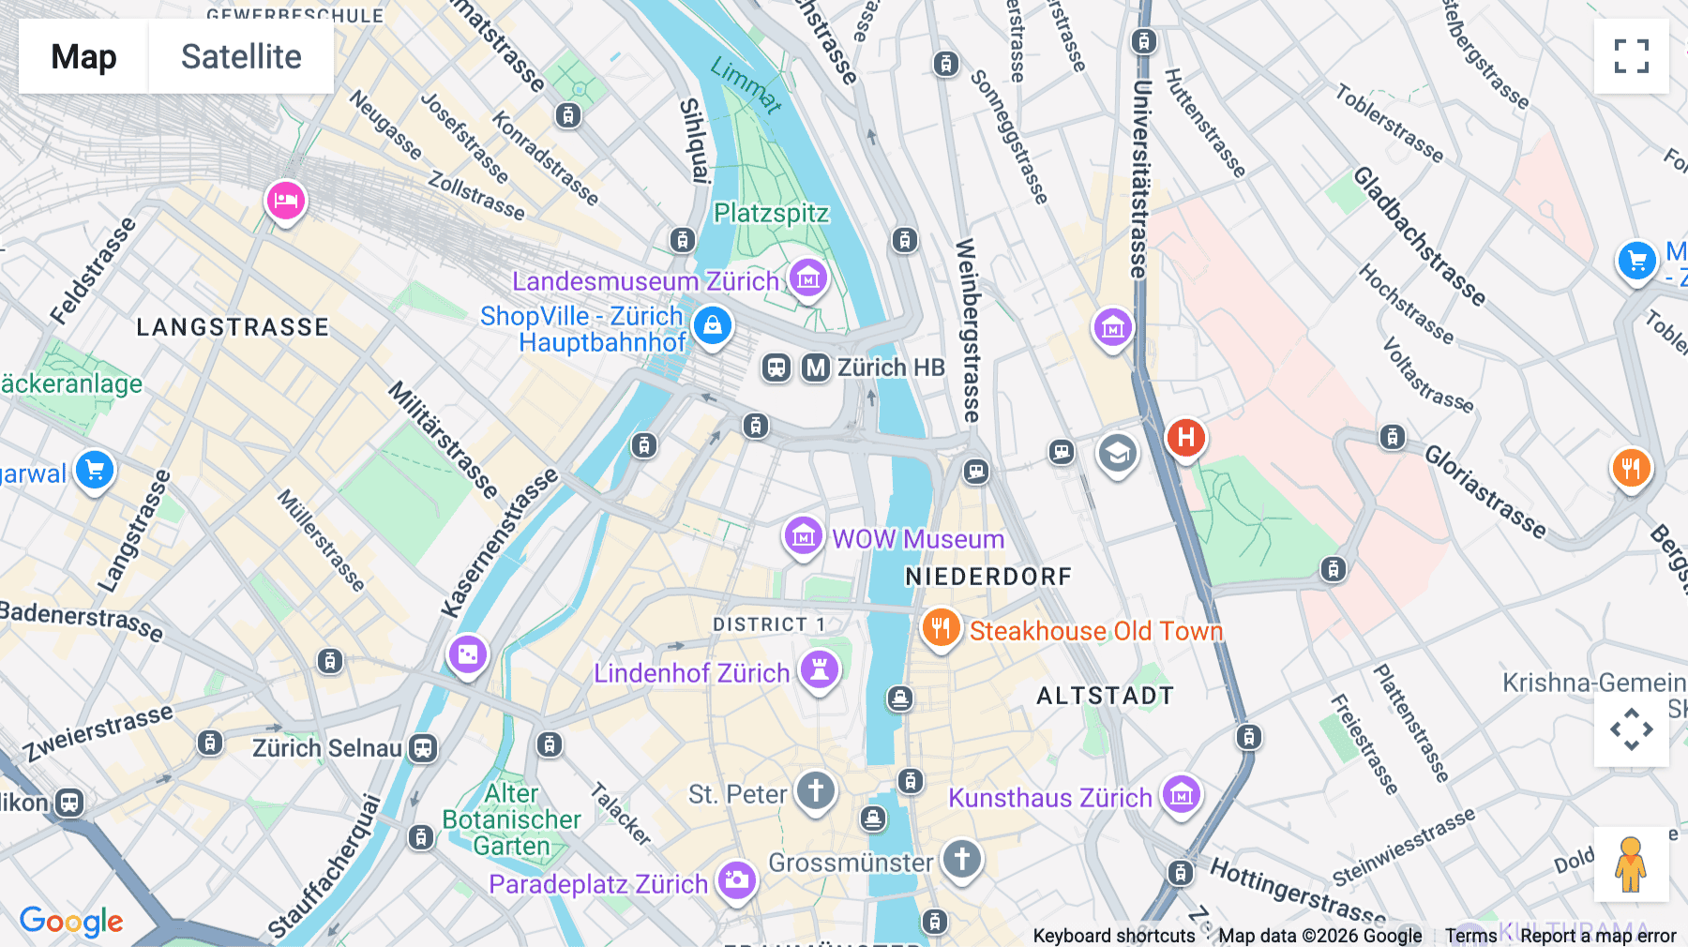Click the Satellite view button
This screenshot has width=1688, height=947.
click(x=241, y=56)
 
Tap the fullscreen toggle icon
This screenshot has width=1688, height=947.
click(x=1631, y=56)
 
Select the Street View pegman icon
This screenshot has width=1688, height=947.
click(x=1631, y=864)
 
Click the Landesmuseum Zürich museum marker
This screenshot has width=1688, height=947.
click(x=807, y=278)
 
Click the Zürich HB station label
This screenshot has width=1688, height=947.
click(x=890, y=368)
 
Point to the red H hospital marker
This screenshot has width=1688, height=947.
click(x=1185, y=438)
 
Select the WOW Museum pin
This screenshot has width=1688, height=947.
click(x=804, y=536)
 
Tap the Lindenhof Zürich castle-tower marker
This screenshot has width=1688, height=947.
click(x=820, y=670)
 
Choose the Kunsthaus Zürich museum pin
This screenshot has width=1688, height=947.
click(x=1182, y=796)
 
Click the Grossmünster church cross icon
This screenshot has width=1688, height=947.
click(x=962, y=859)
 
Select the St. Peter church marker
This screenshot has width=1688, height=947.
click(x=816, y=791)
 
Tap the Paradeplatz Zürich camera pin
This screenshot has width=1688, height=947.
click(x=737, y=880)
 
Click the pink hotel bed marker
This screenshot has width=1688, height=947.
click(x=285, y=201)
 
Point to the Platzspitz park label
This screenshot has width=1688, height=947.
click(x=771, y=214)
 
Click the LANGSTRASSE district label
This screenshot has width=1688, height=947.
click(x=233, y=327)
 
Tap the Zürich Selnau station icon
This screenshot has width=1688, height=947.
click(x=423, y=748)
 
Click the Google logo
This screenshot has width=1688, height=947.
click(x=71, y=921)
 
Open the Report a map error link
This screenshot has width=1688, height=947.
click(x=1598, y=936)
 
